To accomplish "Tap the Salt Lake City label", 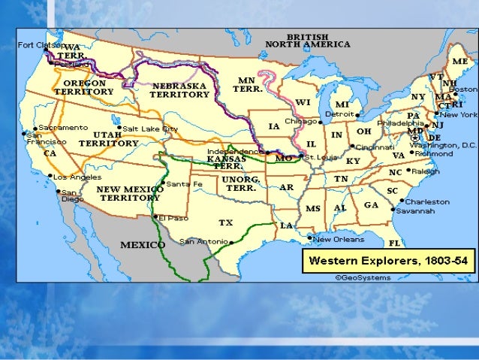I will [x=151, y=129].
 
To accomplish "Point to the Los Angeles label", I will [x=77, y=177].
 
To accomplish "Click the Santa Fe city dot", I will [x=164, y=183].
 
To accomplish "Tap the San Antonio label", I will [x=204, y=241].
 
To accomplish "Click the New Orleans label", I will [x=339, y=239].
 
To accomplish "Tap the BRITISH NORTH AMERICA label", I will [x=308, y=40].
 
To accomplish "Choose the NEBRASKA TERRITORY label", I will [x=180, y=91].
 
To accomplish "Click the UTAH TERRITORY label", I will [x=109, y=138].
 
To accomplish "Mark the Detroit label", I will [x=344, y=114].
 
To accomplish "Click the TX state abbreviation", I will [x=225, y=222].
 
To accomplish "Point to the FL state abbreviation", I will [x=394, y=243].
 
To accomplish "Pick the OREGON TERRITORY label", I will [x=84, y=86].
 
